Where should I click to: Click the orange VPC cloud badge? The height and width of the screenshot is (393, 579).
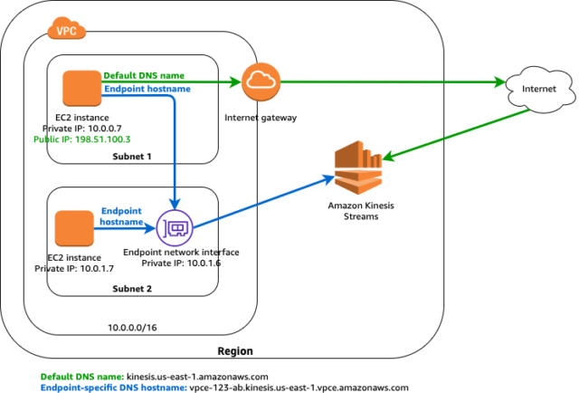click(x=66, y=28)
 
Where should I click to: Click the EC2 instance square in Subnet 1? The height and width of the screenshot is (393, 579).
click(x=82, y=89)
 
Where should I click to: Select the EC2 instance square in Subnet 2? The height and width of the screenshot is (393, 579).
click(x=74, y=228)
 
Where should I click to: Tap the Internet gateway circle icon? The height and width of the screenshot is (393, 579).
click(x=261, y=81)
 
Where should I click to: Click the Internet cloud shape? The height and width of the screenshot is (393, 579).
click(x=539, y=89)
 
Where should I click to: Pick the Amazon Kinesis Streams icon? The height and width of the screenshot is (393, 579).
click(x=358, y=168)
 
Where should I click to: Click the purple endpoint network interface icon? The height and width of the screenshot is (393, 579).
click(x=175, y=228)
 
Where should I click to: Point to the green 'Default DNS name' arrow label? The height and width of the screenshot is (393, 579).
click(x=144, y=75)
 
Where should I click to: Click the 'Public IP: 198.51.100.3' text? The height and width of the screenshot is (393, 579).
click(x=82, y=139)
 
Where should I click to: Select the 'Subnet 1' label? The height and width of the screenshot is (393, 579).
click(x=132, y=157)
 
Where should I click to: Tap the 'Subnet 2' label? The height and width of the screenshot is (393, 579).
click(x=132, y=289)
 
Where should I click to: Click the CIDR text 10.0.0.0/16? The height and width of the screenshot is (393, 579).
click(x=132, y=328)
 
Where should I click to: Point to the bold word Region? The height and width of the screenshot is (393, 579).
click(x=235, y=350)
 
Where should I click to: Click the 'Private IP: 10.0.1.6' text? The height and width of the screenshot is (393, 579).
click(x=181, y=264)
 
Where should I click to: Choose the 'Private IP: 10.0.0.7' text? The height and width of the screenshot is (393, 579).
click(x=82, y=129)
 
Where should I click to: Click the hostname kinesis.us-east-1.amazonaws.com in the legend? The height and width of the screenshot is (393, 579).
click(x=197, y=377)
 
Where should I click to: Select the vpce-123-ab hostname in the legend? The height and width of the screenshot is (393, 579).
click(x=299, y=388)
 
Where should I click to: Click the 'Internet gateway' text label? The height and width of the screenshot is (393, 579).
click(x=261, y=118)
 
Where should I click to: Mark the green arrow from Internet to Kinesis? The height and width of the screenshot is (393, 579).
click(x=457, y=135)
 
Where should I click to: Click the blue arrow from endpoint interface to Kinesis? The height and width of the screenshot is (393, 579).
click(x=264, y=202)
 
